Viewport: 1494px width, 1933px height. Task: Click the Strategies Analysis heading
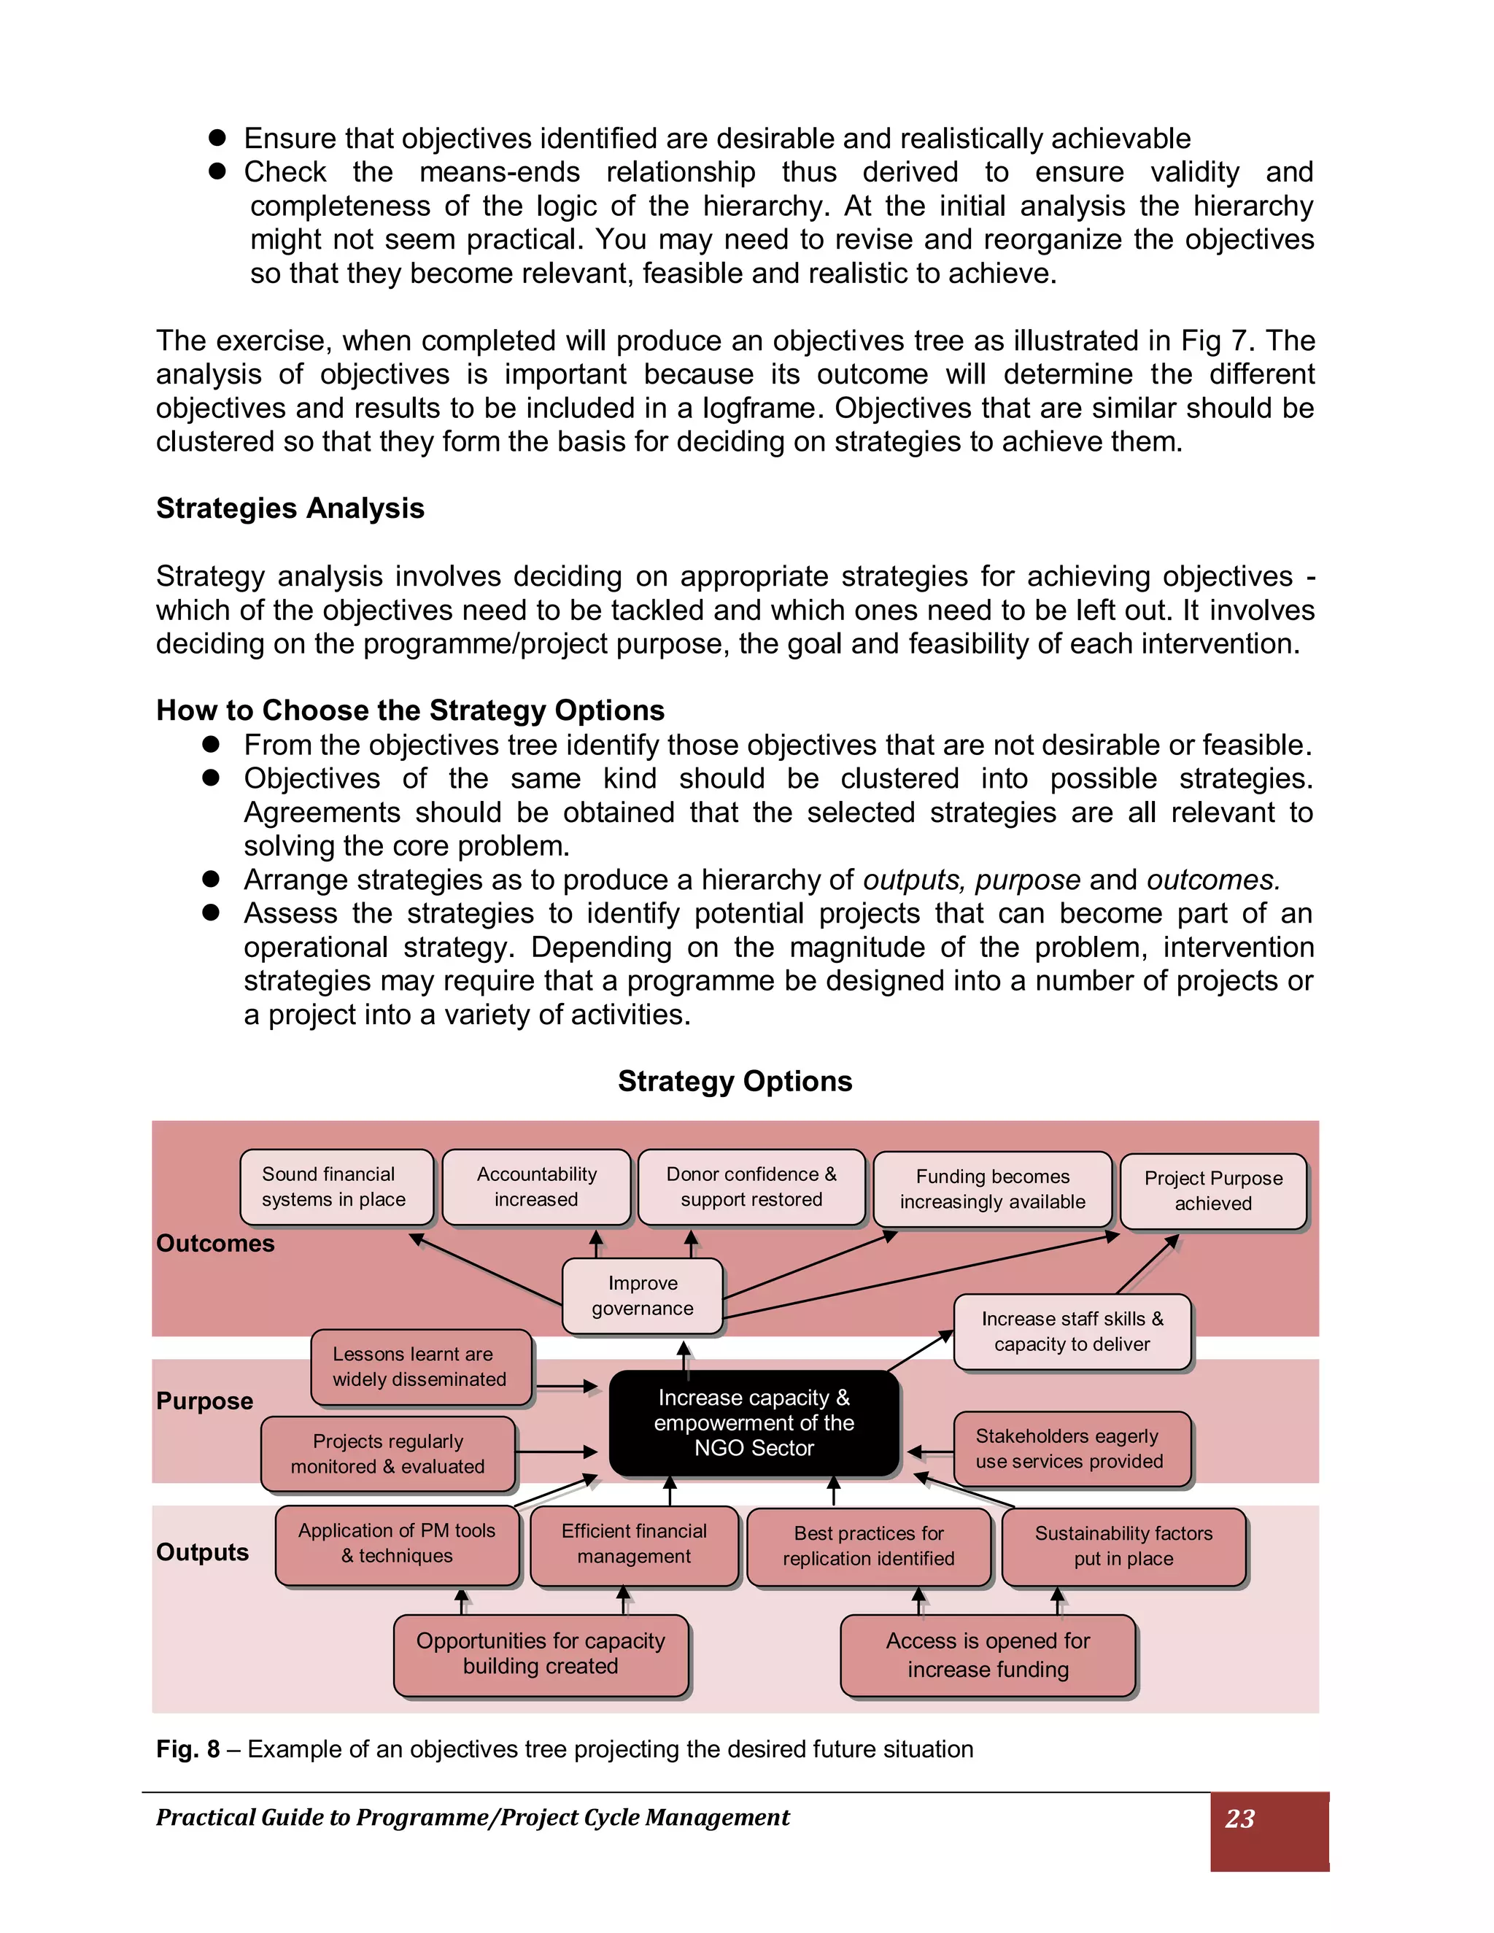point(290,508)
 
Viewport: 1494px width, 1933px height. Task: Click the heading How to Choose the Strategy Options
point(410,710)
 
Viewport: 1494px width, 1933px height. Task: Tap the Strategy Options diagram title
point(735,1081)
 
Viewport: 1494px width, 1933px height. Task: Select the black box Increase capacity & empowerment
point(754,1422)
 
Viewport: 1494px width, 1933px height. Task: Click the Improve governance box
point(643,1295)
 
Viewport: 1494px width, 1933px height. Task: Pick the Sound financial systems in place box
point(336,1187)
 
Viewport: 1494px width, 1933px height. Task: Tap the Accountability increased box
point(536,1187)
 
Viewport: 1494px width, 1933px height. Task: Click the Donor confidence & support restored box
point(751,1187)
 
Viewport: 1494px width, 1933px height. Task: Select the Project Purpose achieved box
point(1212,1190)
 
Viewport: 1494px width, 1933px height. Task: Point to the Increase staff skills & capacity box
point(1072,1331)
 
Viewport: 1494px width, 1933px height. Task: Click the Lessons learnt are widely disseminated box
point(420,1366)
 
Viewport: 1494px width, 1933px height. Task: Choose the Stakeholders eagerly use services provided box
point(1071,1448)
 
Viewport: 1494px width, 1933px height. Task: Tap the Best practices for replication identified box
point(868,1546)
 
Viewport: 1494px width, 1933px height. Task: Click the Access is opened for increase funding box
point(987,1654)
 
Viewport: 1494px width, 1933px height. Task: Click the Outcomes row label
point(215,1244)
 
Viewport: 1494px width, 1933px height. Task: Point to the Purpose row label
point(204,1401)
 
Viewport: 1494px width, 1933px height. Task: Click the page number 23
point(1240,1818)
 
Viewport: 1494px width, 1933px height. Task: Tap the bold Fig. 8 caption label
point(187,1749)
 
